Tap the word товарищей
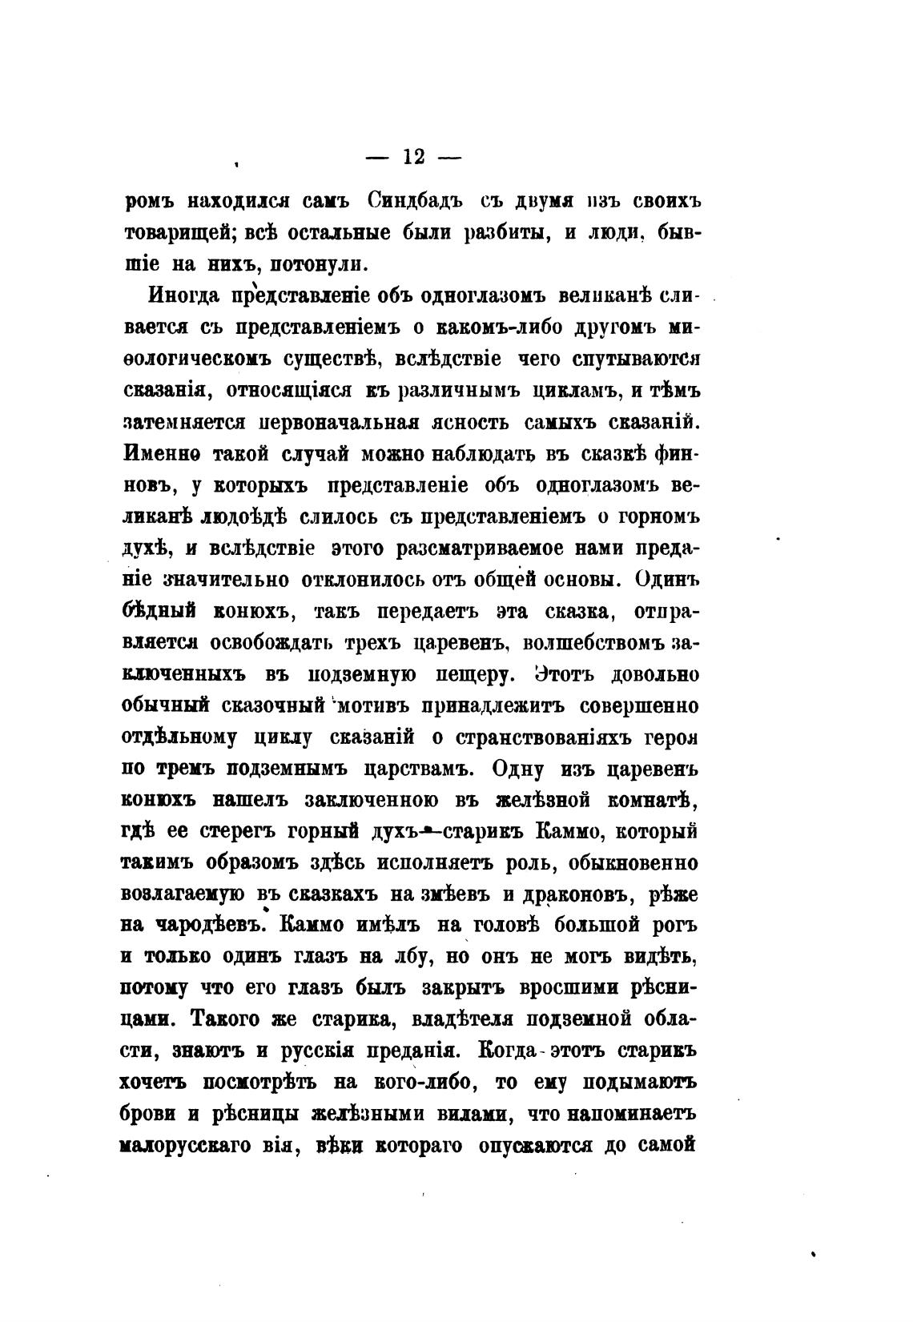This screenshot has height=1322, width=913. tap(169, 233)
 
